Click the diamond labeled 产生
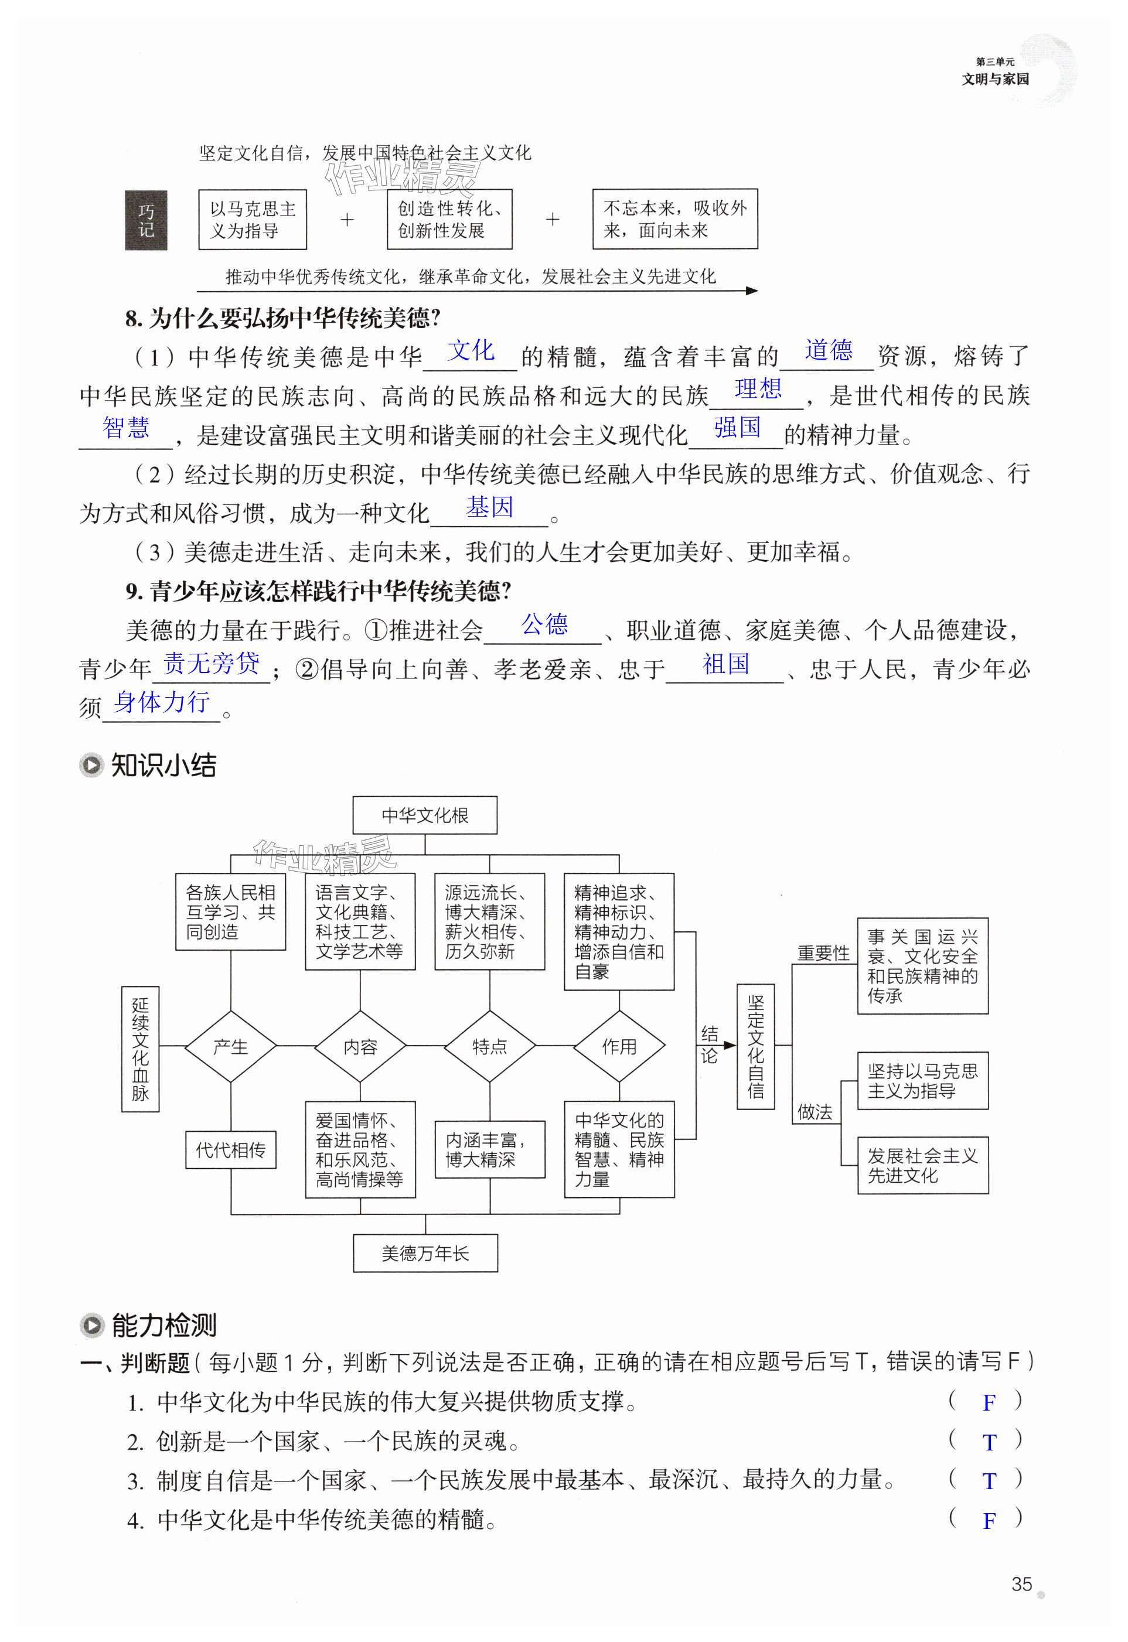click(x=230, y=1046)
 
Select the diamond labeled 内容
click(x=360, y=1046)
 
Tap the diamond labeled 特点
click(x=489, y=1046)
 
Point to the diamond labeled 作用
click(x=619, y=1046)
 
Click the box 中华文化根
click(x=425, y=815)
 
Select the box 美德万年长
click(x=425, y=1254)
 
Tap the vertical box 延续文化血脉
click(x=140, y=1049)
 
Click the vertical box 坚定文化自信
click(x=755, y=1046)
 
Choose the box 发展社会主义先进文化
click(x=922, y=1166)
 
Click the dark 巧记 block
click(x=146, y=220)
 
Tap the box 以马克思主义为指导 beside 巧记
click(x=253, y=220)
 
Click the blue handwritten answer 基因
click(x=489, y=507)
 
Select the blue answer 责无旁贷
click(x=212, y=664)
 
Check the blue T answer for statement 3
click(x=989, y=1481)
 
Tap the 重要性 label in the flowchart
click(x=823, y=953)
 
